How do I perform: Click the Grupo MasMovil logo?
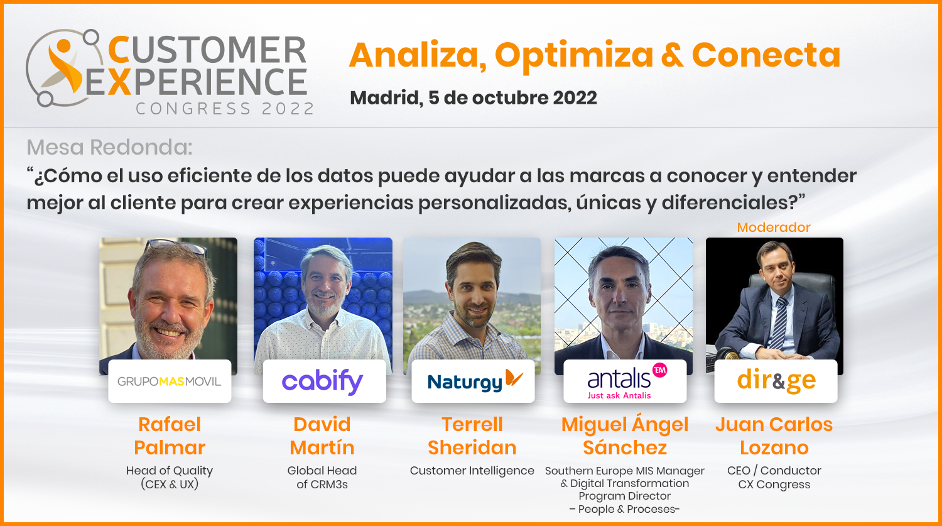point(169,381)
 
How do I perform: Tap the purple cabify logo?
point(322,382)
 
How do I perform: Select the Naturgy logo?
point(475,380)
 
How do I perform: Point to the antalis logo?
point(625,380)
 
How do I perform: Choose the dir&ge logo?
point(776,381)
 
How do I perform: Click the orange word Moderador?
point(773,227)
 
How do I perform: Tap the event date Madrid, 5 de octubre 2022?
point(473,98)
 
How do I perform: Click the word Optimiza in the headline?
point(573,56)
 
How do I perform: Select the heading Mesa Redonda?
point(109,147)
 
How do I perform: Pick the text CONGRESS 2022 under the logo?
point(225,109)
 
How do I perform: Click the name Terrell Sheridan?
point(472,436)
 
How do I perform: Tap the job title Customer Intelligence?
point(472,471)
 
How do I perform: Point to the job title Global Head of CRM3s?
point(322,477)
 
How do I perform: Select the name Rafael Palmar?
point(170,436)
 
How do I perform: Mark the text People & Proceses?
point(624,509)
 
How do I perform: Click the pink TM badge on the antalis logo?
point(659,370)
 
